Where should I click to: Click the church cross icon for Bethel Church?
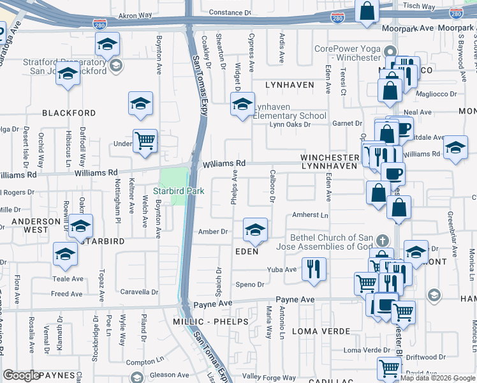click(x=382, y=241)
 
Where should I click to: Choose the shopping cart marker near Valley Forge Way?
click(x=388, y=368)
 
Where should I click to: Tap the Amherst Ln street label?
click(x=310, y=216)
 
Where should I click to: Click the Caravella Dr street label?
click(x=140, y=292)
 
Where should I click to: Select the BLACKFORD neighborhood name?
click(x=69, y=113)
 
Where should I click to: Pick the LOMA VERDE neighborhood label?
click(x=321, y=331)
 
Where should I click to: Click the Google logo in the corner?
click(x=21, y=375)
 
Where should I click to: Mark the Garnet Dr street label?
click(x=347, y=123)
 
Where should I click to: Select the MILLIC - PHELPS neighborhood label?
click(x=210, y=322)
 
